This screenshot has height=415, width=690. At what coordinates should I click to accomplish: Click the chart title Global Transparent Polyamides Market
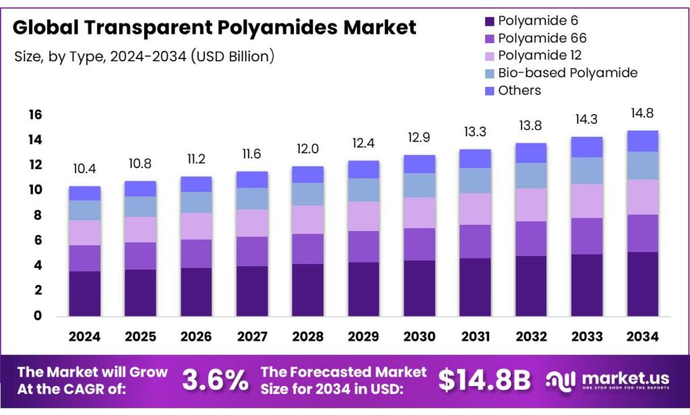(214, 28)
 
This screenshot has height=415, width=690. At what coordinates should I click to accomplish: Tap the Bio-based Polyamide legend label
(567, 73)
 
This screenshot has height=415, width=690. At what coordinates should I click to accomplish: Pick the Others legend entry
(519, 90)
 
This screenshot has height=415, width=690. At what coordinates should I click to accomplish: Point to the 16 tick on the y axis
(35, 115)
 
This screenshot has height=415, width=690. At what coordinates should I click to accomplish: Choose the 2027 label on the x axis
(251, 336)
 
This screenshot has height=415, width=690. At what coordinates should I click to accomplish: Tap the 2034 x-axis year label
(641, 336)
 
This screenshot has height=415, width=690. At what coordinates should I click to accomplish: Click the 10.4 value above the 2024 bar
(84, 169)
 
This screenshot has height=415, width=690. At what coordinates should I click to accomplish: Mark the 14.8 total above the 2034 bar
(641, 113)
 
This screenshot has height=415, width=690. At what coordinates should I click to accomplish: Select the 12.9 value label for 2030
(418, 137)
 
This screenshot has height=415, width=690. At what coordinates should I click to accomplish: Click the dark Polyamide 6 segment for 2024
(84, 293)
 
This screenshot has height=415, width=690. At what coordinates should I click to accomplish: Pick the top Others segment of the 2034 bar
(641, 141)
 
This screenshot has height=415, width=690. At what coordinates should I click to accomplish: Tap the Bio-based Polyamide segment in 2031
(474, 181)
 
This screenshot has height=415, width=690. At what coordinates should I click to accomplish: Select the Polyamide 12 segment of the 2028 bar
(307, 220)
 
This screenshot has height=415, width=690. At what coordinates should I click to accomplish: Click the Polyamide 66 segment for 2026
(196, 253)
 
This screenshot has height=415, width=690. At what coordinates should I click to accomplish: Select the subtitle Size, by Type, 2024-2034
(144, 57)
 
